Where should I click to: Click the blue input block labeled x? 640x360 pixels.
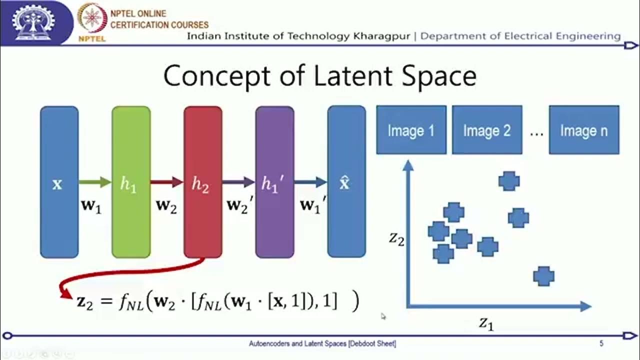pos(59,182)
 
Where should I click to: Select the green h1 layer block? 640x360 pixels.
pos(131,182)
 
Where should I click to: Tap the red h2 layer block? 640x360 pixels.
pos(202,182)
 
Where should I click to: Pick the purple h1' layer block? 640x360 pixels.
pos(274,182)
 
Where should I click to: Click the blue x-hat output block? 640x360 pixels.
pos(346,182)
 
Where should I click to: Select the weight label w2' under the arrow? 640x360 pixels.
pos(238,205)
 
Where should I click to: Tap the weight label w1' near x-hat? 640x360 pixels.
pos(312,205)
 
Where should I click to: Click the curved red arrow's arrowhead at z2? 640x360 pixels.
pos(65,294)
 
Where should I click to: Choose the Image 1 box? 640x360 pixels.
pos(411,130)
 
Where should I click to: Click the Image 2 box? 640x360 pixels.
pos(487,130)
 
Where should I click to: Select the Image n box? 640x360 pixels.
pos(583,130)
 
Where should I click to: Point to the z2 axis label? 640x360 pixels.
pos(396,239)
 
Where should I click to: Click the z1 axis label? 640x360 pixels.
pos(486,323)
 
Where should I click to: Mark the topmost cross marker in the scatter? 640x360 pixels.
pos(509,181)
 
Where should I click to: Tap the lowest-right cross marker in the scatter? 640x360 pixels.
pos(543,276)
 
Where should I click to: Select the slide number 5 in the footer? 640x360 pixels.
pos(601,343)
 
